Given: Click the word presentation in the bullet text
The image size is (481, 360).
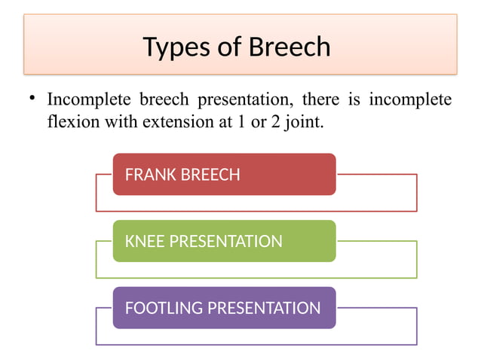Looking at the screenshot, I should click(244, 100).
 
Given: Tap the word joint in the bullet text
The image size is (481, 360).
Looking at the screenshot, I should click(304, 121).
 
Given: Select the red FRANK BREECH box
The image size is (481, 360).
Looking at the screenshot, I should click(224, 175).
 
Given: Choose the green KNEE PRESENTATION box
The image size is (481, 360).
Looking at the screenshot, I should click(224, 241).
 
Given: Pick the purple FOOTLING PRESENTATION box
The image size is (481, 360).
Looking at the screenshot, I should click(224, 307).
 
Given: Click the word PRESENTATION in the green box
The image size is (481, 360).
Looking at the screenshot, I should click(226, 242).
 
